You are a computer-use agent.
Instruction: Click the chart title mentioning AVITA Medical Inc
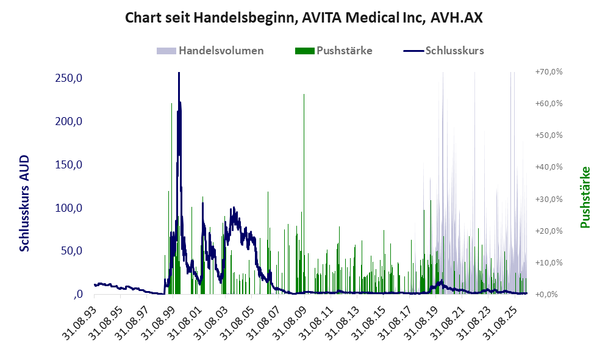pyautogui.click(x=304, y=18)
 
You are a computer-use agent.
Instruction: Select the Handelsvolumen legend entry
pyautogui.click(x=210, y=51)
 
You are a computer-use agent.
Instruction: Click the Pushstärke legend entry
pyautogui.click(x=334, y=51)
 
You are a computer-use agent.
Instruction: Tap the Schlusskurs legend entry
pyautogui.click(x=443, y=51)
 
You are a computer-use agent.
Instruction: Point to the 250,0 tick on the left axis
pyautogui.click(x=69, y=78)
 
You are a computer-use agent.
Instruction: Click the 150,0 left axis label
pyautogui.click(x=69, y=165)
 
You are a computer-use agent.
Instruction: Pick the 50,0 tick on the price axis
pyautogui.click(x=72, y=251)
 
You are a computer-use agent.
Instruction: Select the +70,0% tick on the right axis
pyautogui.click(x=549, y=72)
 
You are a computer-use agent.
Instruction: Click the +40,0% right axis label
pyautogui.click(x=549, y=167)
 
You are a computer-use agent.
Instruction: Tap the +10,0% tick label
pyautogui.click(x=549, y=262)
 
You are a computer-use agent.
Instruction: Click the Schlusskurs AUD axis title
pyautogui.click(x=24, y=203)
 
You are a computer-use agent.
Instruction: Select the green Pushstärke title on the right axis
pyautogui.click(x=585, y=198)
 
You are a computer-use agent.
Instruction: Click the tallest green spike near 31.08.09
pyautogui.click(x=304, y=94)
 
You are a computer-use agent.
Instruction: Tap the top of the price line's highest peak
pyautogui.click(x=179, y=73)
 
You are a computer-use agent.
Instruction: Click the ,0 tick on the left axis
pyautogui.click(x=77, y=293)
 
